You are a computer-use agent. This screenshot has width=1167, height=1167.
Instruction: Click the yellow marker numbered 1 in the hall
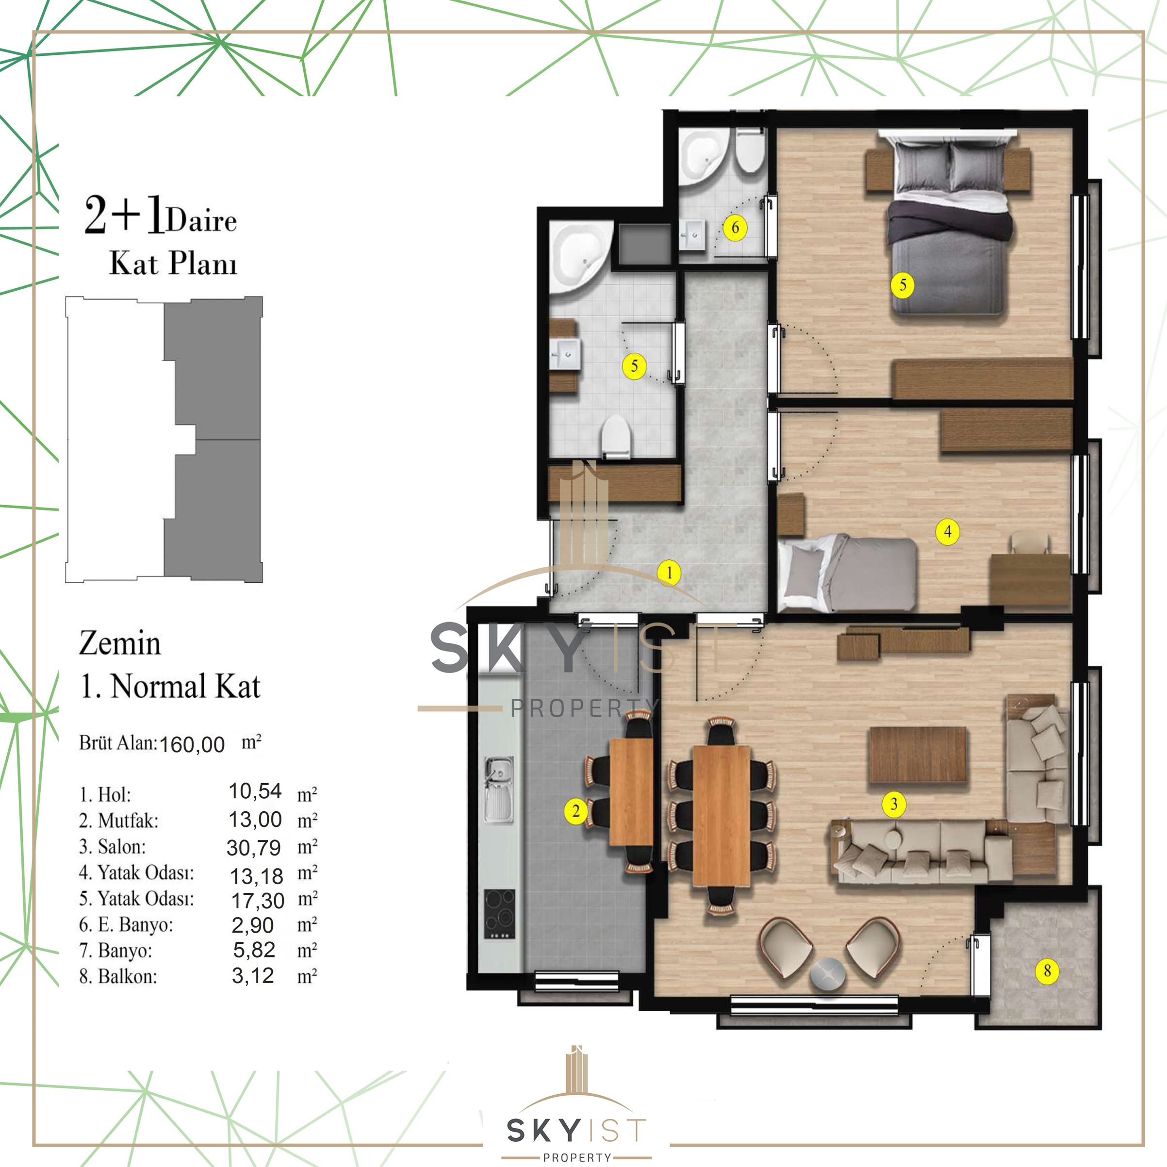669,573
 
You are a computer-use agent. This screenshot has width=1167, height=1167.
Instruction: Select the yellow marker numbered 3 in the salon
894,804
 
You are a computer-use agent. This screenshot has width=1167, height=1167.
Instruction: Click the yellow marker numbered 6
735,228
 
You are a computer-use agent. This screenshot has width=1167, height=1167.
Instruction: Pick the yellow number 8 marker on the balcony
1048,970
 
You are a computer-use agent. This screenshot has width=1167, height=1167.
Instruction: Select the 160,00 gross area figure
192,745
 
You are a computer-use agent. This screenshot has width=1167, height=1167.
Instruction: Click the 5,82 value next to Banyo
254,950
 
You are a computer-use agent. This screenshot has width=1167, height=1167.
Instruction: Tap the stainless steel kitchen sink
499,789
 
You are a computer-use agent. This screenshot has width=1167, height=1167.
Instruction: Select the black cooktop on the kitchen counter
499,914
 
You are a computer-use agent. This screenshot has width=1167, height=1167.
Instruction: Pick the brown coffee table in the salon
918,755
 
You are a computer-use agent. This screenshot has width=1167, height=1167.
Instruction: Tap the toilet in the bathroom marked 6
750,151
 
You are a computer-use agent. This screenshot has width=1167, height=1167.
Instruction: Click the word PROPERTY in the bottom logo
577,1157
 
